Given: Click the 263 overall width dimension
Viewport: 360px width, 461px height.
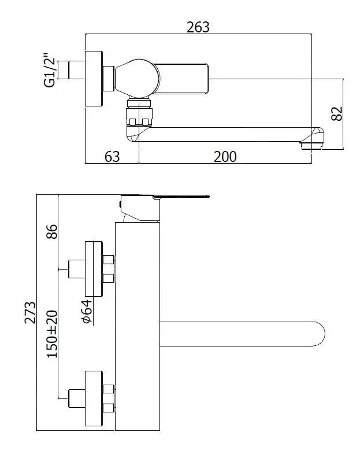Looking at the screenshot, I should (198, 27).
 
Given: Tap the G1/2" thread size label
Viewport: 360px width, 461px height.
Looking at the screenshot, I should (50, 71).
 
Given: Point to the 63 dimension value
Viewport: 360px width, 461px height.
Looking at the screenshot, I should (112, 156).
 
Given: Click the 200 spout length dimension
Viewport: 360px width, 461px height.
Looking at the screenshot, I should (225, 156).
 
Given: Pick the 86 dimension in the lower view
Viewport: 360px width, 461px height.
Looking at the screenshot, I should (52, 231).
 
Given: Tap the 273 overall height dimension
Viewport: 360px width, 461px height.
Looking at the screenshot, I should (30, 313).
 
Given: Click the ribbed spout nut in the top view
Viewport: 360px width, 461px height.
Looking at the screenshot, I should (139, 113).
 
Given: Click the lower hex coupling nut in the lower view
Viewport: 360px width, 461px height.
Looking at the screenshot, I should (109, 399).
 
